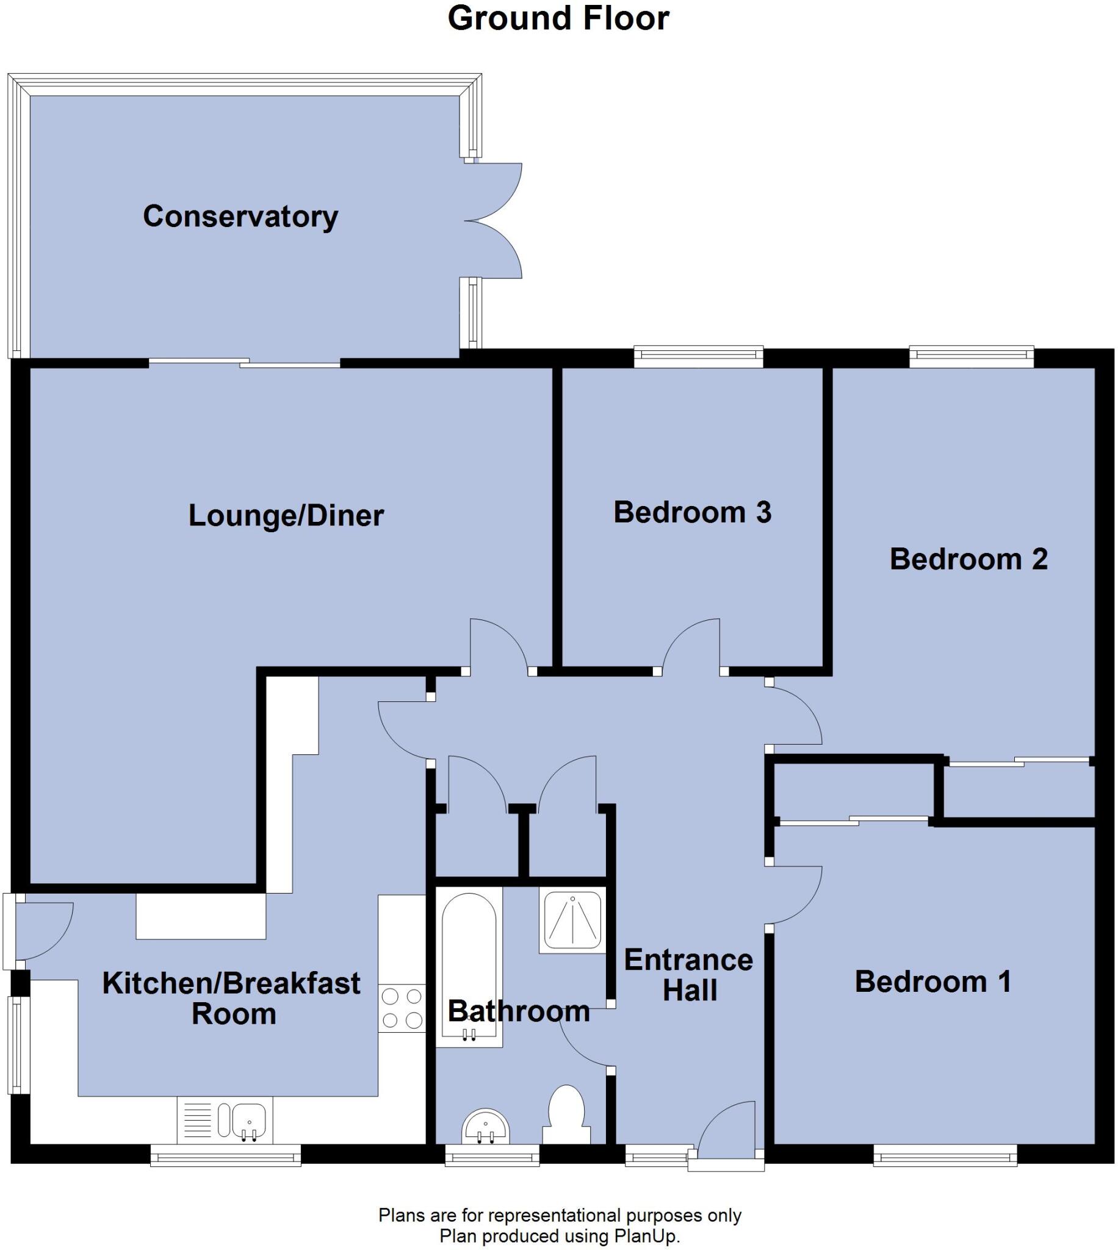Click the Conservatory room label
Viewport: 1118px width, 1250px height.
240,216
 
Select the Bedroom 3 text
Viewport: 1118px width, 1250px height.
692,512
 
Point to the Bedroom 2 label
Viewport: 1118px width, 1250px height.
968,559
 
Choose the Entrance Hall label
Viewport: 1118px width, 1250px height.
688,975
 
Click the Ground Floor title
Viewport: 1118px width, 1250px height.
558,18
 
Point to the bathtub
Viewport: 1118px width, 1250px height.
469,964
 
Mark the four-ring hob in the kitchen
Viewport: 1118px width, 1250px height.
402,1008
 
